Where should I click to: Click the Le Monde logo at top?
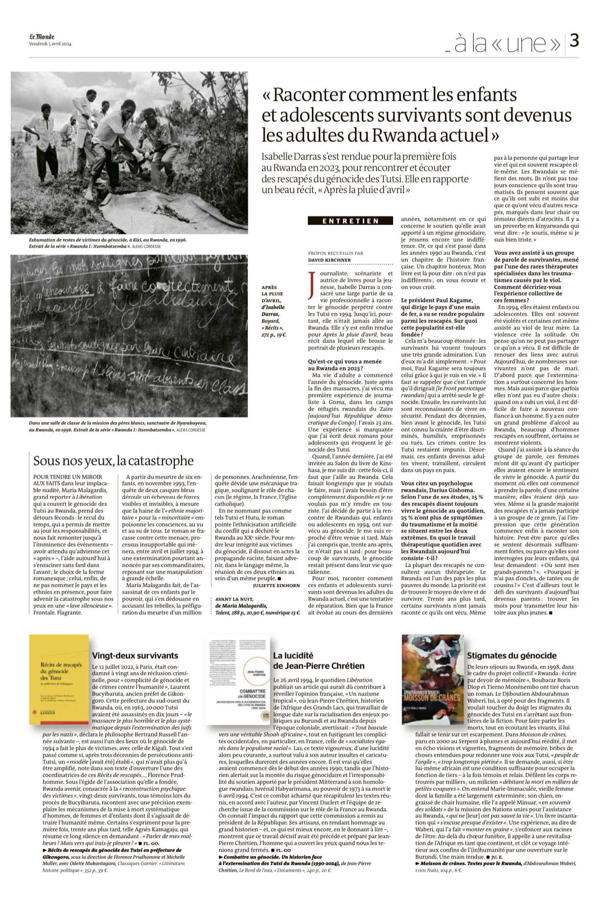pyautogui.click(x=42, y=37)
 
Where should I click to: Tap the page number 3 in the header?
pyautogui.click(x=574, y=42)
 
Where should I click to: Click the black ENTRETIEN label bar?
pyautogui.click(x=351, y=221)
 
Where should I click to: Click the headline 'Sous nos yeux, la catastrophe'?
pyautogui.click(x=114, y=461)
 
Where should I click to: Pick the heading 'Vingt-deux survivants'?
pyautogui.click(x=135, y=655)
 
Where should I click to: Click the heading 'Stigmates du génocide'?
pyautogui.click(x=512, y=655)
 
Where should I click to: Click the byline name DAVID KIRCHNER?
pyautogui.click(x=329, y=260)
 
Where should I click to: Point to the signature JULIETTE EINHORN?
pyautogui.click(x=276, y=585)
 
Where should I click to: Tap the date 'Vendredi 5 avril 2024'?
pyautogui.click(x=50, y=44)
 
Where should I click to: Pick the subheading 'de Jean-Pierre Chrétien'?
pyautogui.click(x=319, y=666)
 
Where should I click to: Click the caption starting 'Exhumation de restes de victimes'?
pyautogui.click(x=108, y=240)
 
